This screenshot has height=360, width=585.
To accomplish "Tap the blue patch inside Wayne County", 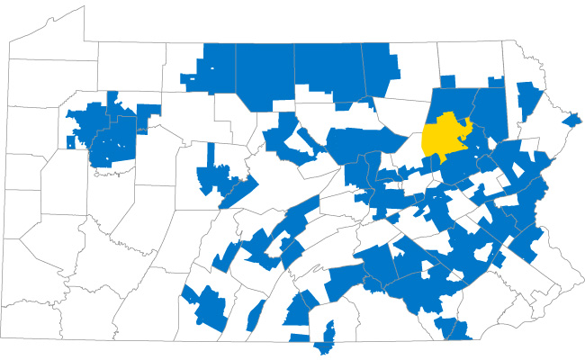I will (x=530, y=94).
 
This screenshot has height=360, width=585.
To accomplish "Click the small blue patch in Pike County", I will (x=571, y=120).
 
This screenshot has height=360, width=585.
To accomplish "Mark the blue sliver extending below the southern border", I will (x=325, y=344).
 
